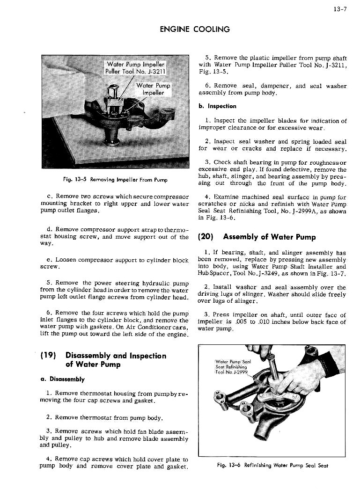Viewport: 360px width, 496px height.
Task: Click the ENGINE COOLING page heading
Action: coord(195,29)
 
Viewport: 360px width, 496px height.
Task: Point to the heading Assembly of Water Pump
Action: coord(270,237)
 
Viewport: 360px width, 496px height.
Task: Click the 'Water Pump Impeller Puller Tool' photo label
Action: coord(135,68)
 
